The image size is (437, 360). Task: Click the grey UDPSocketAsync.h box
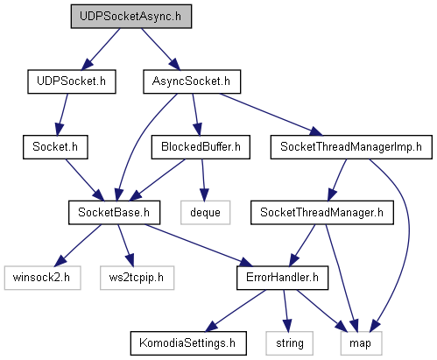click(131, 17)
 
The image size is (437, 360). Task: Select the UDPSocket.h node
click(72, 81)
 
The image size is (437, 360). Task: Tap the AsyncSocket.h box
click(192, 81)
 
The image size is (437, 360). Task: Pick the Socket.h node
click(55, 147)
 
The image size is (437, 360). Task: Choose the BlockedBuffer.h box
click(201, 147)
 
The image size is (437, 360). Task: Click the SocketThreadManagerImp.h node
click(351, 147)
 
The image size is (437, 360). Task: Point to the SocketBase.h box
click(114, 212)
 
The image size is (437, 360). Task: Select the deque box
click(205, 212)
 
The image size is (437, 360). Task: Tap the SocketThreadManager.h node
click(322, 212)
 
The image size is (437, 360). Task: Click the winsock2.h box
click(42, 278)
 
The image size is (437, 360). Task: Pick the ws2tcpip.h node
click(137, 278)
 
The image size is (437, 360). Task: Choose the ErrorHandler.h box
click(282, 278)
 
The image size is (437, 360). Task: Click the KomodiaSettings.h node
click(188, 343)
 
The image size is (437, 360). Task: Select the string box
click(289, 343)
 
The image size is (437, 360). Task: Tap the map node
click(361, 343)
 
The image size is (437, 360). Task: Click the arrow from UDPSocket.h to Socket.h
click(62, 115)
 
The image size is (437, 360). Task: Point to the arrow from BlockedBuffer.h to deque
click(203, 180)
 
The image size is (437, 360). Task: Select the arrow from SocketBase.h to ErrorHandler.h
click(199, 245)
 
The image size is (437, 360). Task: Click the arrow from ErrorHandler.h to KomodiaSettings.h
click(236, 311)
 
